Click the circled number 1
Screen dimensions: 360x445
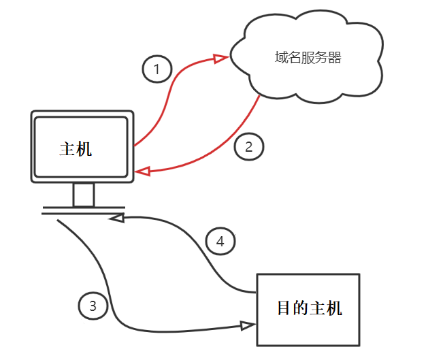156,69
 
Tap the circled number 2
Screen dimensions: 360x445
248,146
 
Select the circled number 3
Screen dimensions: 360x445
93,306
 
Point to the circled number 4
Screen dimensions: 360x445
220,241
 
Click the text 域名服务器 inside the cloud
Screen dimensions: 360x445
308,58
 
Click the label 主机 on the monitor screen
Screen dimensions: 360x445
76,148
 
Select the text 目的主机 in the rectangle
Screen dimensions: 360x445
309,308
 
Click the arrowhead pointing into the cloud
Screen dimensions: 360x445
220,59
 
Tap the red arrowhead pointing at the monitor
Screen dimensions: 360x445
141,172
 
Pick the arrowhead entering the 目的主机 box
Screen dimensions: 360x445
249,325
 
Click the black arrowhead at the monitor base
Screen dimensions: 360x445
117,218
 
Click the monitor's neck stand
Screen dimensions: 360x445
84,195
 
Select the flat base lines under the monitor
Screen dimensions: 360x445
83,210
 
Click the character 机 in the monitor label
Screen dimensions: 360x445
84,148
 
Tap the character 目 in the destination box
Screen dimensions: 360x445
284,308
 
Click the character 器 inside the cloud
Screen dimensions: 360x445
334,58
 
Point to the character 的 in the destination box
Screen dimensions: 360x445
300,308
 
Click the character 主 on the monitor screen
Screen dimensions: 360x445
67,148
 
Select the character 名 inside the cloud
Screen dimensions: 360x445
294,58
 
